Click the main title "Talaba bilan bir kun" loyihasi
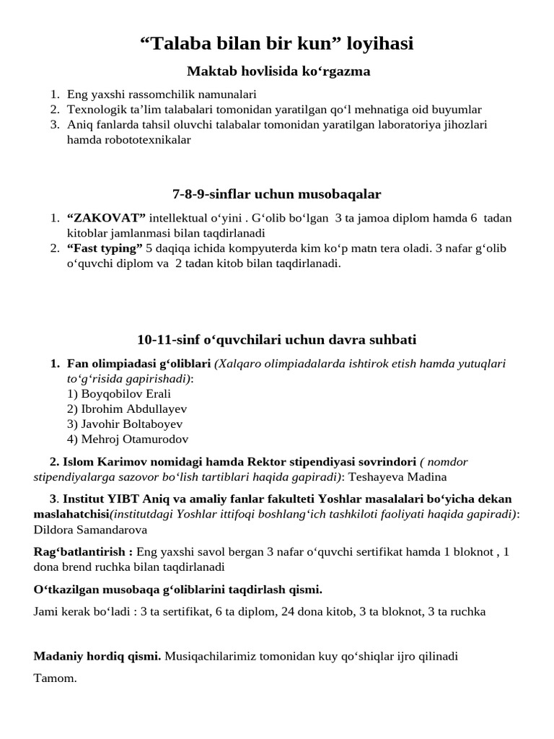pos(276,43)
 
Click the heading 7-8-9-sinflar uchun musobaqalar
pos(277,194)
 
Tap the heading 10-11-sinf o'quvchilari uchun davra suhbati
pos(277,339)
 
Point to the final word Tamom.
pos(55,678)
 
